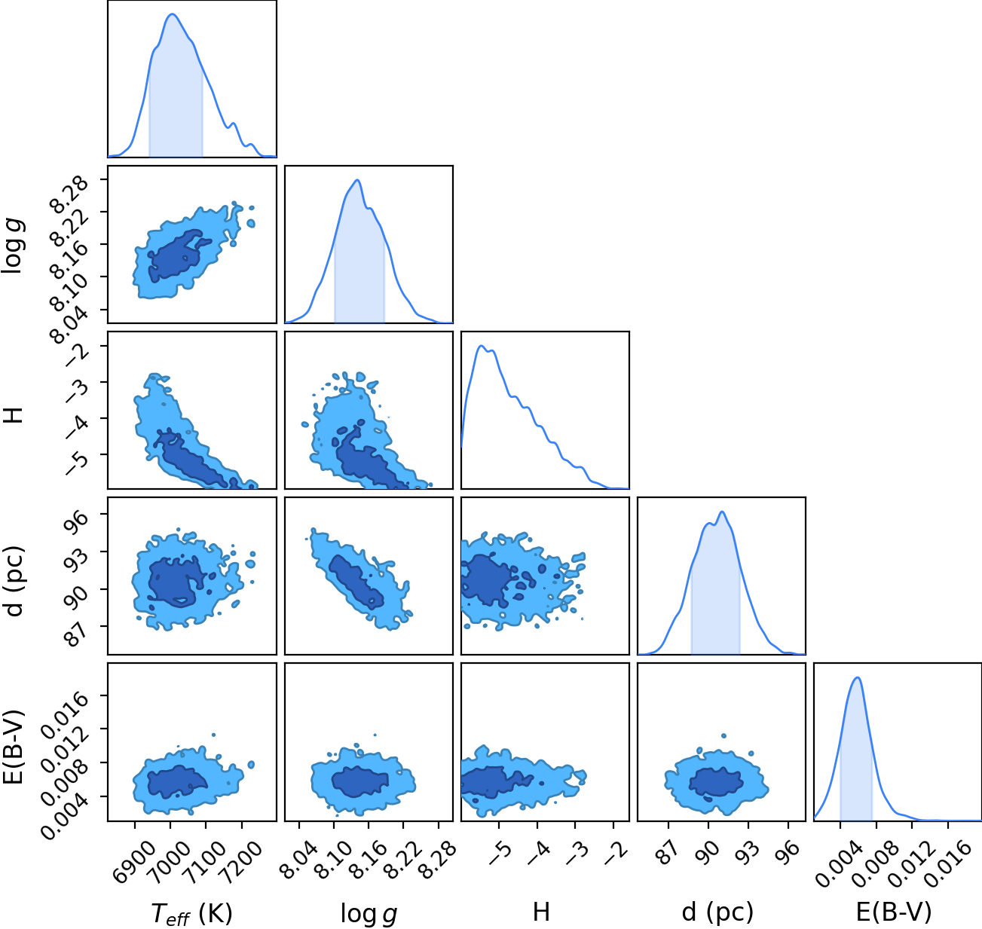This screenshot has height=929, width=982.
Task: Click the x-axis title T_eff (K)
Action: tap(192, 913)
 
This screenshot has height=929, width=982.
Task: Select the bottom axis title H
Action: tap(542, 912)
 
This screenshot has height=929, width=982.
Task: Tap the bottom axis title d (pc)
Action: tap(717, 912)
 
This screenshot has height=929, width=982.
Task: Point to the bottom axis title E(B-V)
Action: tap(894, 912)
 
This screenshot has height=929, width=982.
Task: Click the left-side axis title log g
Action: tap(13, 246)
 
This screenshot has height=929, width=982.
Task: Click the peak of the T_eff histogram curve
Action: tap(172, 14)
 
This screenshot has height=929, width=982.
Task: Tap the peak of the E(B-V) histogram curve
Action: tap(858, 677)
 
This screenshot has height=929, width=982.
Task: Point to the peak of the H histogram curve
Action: tap(482, 346)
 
